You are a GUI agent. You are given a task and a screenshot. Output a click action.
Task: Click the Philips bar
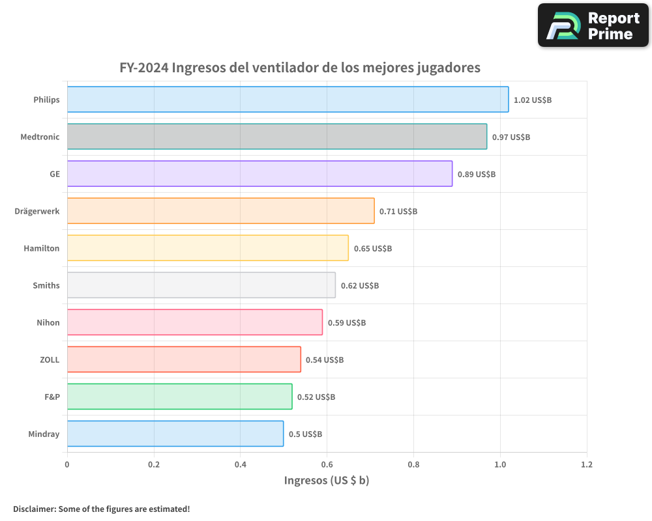(288, 100)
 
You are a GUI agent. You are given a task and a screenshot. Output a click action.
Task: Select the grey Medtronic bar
(276, 137)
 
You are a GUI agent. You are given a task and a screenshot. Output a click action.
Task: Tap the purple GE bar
(259, 174)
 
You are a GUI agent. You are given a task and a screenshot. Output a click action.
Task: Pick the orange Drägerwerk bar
(220, 211)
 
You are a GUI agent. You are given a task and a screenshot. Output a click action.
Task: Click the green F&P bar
(179, 397)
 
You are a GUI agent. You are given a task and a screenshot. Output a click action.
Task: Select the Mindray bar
(175, 434)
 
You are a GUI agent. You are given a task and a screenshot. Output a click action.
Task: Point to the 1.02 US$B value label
(533, 100)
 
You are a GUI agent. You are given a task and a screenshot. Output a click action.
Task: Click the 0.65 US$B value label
(372, 249)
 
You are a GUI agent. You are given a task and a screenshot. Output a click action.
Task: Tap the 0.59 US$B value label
(346, 323)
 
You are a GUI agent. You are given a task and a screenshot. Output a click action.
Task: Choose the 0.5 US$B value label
(305, 434)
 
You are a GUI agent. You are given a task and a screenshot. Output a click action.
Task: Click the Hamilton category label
(41, 248)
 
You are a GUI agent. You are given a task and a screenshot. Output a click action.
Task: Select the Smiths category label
(46, 285)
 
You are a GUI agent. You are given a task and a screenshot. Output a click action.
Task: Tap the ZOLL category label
(50, 359)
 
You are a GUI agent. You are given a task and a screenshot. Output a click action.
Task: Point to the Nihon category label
(48, 322)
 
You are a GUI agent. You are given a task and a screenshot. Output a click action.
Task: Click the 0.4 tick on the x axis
(240, 465)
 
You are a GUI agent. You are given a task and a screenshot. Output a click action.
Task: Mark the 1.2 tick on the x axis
(587, 465)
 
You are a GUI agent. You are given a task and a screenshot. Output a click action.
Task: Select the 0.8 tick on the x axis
(413, 465)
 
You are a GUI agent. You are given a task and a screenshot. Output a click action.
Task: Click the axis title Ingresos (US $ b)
(327, 481)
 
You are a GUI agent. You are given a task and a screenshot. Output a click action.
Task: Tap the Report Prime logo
(593, 25)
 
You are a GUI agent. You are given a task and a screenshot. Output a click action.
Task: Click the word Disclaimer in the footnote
(34, 509)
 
